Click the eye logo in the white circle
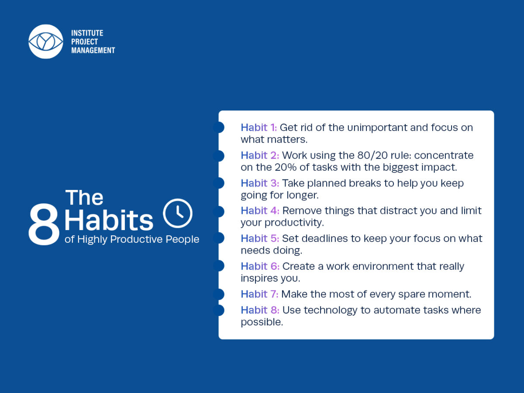[x=46, y=41]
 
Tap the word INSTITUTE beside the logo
[x=87, y=33]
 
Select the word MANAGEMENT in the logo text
[x=93, y=50]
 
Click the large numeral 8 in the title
[x=44, y=224]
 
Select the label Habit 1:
[x=259, y=128]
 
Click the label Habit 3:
[x=260, y=183]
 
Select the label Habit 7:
[x=259, y=294]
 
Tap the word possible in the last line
[x=262, y=322]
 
